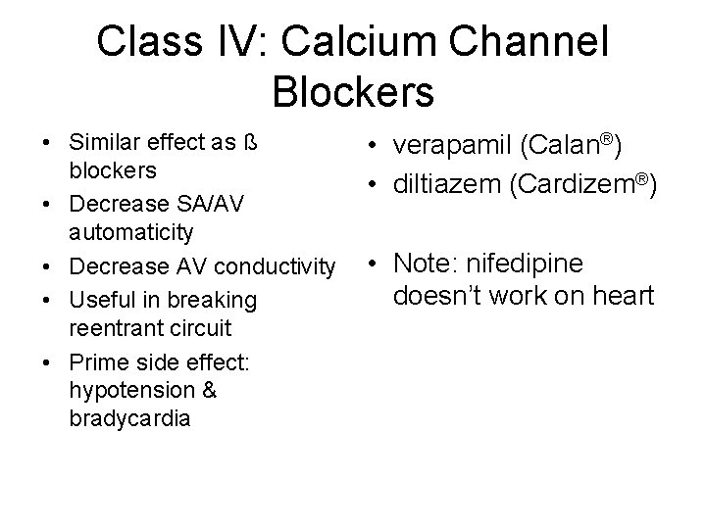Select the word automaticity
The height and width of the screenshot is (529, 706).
[130, 233]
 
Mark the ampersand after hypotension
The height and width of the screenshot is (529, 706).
[208, 391]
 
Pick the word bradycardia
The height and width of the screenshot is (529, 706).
[130, 418]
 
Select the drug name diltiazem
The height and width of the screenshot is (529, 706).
[444, 183]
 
